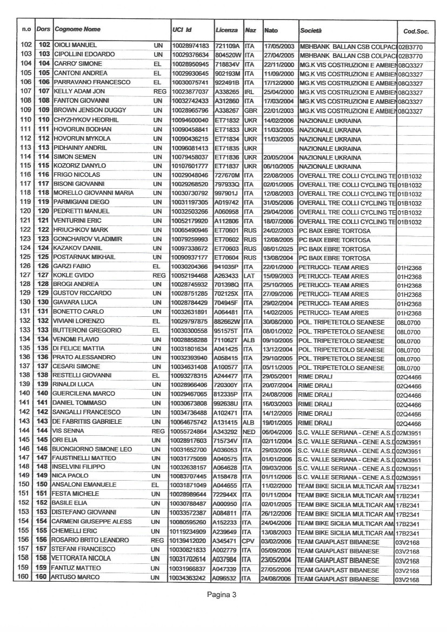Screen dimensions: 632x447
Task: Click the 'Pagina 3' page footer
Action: point(223,595)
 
